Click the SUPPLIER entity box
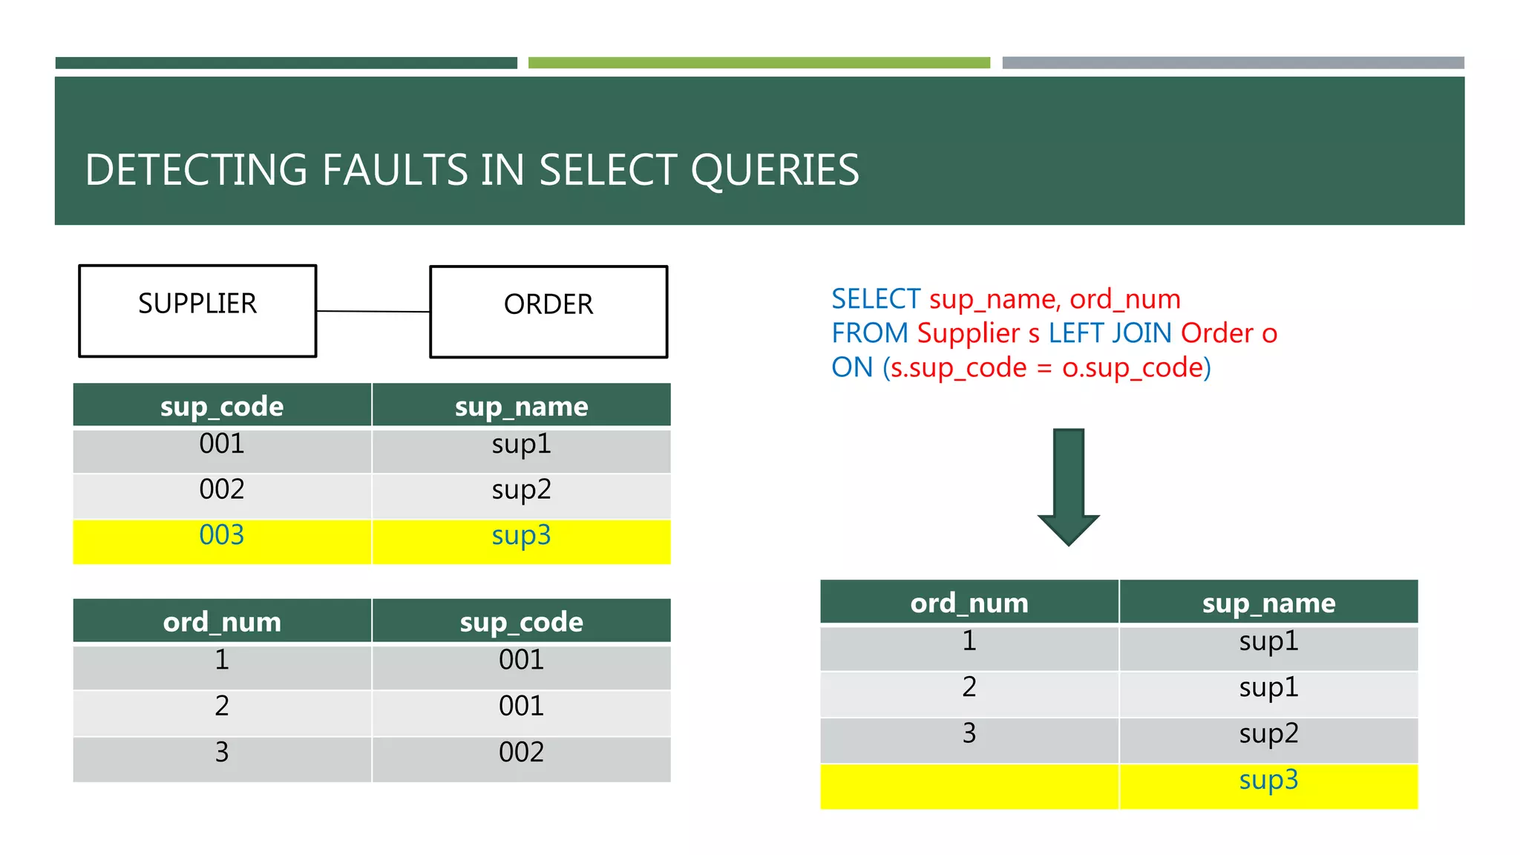(197, 311)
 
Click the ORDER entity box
(548, 312)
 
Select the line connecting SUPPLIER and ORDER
(373, 312)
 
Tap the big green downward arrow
(1068, 486)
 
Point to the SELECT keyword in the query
(875, 299)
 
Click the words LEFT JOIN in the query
(1110, 333)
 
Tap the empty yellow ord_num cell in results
(969, 786)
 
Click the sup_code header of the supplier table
(222, 405)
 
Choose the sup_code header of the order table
(521, 621)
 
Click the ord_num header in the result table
(969, 602)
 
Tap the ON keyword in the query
(851, 367)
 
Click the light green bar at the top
(759, 63)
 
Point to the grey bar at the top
(1233, 63)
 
